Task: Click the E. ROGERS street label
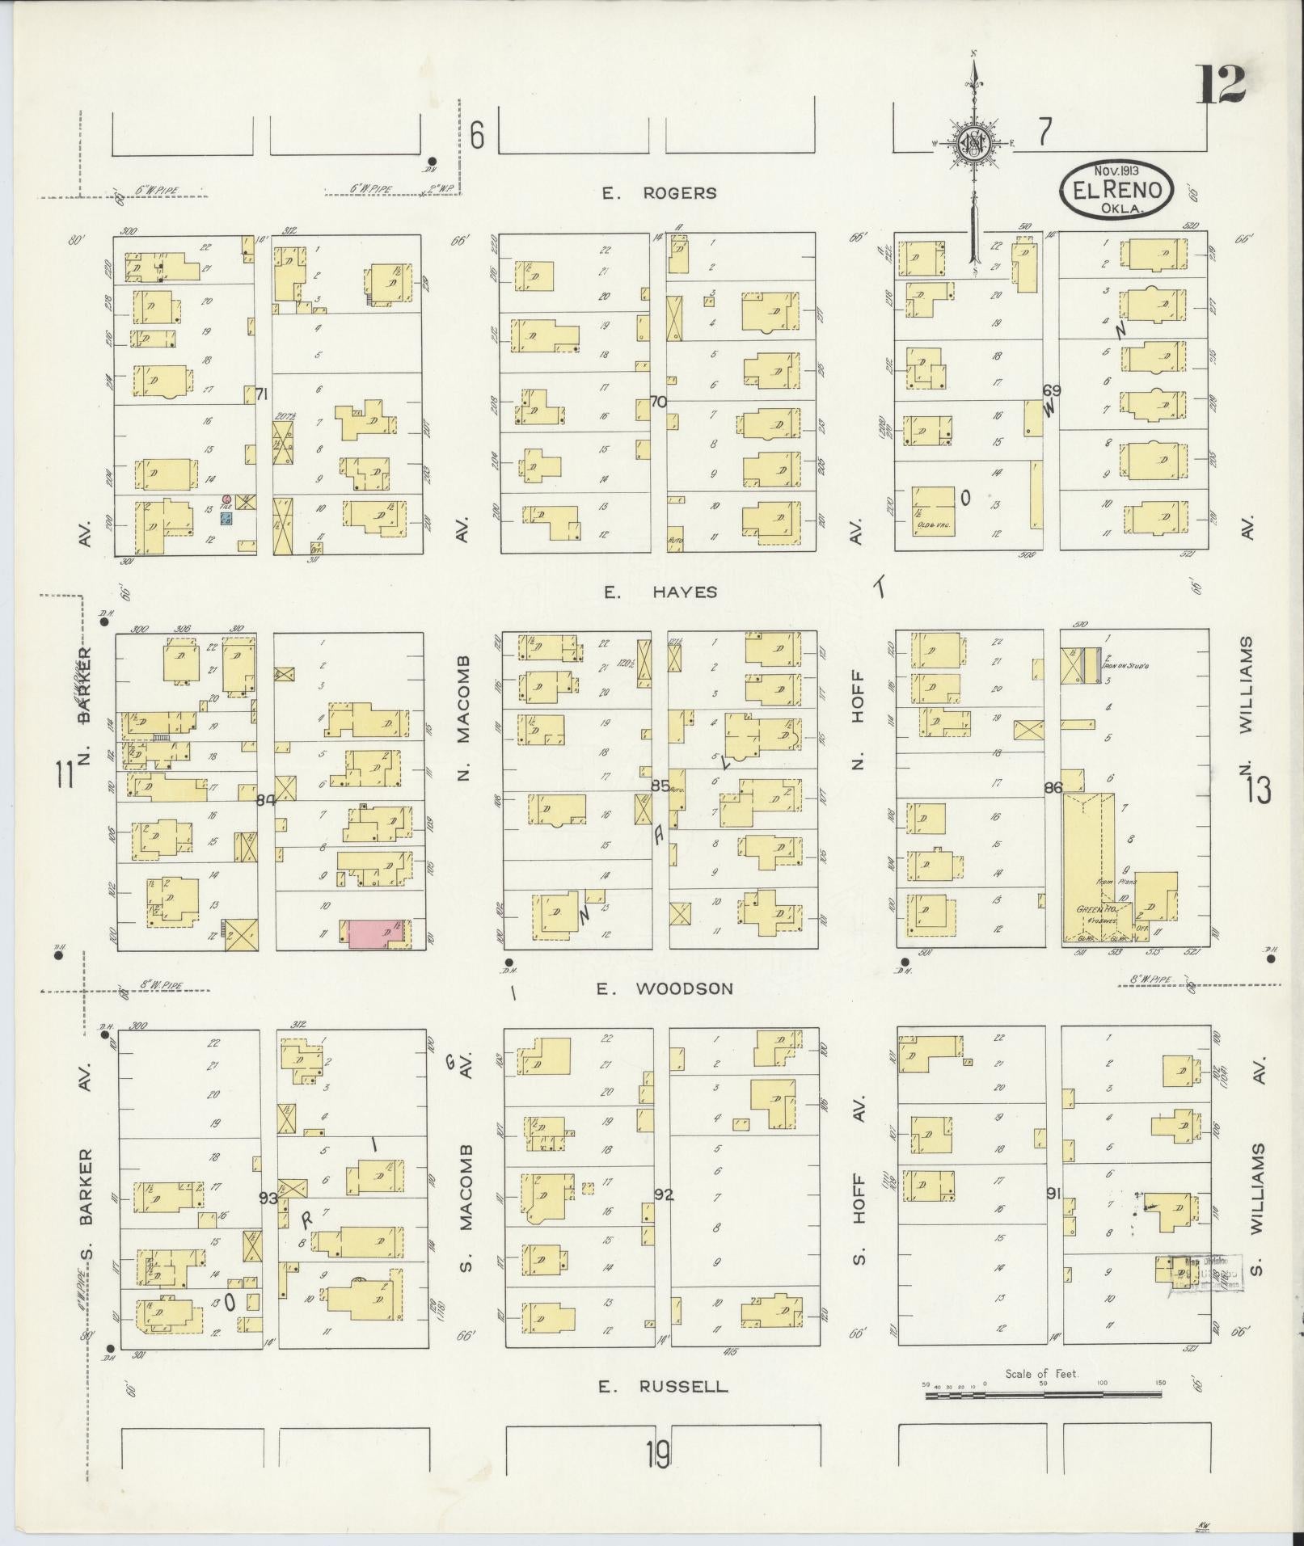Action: pos(659,193)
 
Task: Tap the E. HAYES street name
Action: pos(660,592)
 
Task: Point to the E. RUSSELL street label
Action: pos(662,1387)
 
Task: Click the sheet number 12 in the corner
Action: pos(1221,84)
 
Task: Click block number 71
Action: pos(261,394)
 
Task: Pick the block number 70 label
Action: pos(658,402)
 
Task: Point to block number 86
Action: pos(1052,788)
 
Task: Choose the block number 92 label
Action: pos(664,1194)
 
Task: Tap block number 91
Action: pos(1052,1192)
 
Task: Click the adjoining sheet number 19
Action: pos(658,1456)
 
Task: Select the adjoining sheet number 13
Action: pos(1258,790)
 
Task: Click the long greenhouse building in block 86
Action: pos(1088,865)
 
